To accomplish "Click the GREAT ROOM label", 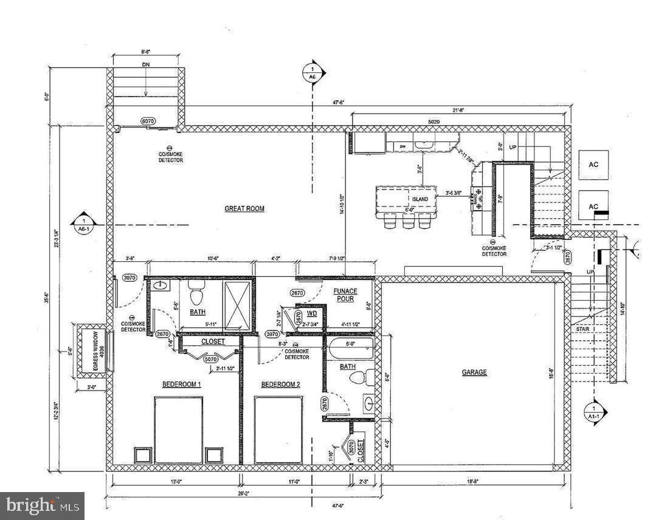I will coord(244,208).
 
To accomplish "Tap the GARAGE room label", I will coord(474,372).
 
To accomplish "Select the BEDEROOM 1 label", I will coord(181,385).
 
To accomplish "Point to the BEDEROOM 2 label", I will coord(280,385).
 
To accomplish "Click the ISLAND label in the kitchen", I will coord(419,199).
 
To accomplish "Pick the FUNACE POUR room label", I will coord(345,295).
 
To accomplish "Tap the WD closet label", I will coord(311,314).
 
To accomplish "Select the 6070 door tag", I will coord(148,121).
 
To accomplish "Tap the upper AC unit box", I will coord(593,165).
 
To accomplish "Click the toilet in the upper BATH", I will coord(196,295).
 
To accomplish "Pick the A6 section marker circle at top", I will coord(312,72).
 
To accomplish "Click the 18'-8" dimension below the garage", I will coord(474,482).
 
